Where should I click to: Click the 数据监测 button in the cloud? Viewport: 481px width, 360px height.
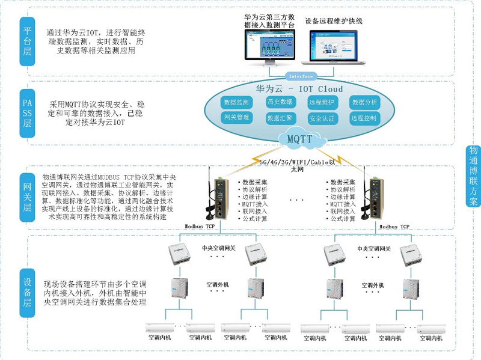coord(236,103)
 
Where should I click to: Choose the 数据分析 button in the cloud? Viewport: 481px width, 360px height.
coord(365,103)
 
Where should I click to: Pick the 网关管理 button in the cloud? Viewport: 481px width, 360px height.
coord(236,118)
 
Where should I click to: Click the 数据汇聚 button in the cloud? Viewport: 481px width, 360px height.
coord(280,118)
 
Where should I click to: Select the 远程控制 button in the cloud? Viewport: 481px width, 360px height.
coord(365,118)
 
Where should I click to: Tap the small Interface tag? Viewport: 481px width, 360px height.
coord(301,76)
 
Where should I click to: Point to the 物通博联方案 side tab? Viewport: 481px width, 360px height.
coord(473,176)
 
